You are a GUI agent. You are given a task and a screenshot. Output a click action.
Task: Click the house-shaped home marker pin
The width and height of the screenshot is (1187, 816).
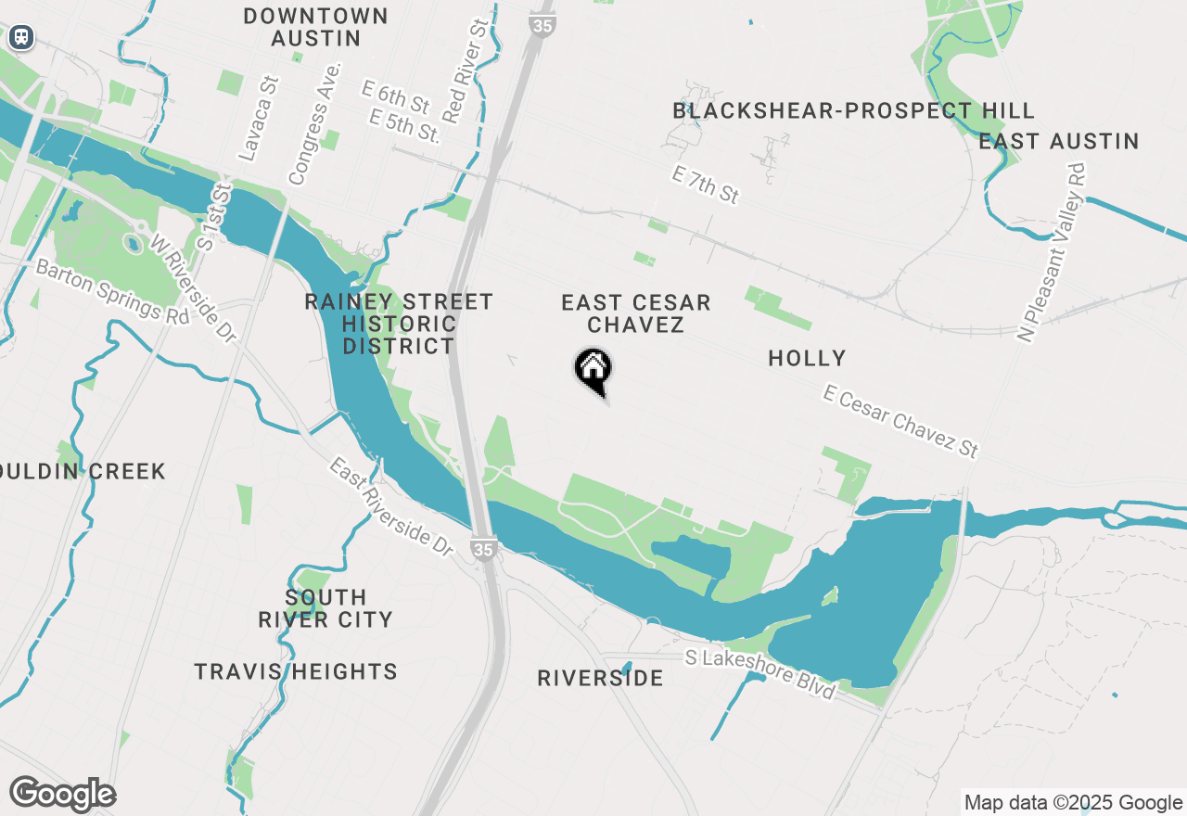click(593, 370)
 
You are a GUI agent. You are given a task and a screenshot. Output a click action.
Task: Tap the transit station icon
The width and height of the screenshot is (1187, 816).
click(20, 37)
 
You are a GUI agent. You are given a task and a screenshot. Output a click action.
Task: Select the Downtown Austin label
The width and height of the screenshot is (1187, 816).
click(316, 27)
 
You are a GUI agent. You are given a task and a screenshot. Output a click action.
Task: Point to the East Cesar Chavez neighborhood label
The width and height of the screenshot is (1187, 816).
click(636, 313)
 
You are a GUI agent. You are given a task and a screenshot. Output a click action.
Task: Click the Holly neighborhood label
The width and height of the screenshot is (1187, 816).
click(807, 358)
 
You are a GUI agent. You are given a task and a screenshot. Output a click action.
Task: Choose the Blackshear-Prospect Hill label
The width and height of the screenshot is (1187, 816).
click(853, 111)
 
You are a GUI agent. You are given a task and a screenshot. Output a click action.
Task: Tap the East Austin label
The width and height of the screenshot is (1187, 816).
click(1058, 141)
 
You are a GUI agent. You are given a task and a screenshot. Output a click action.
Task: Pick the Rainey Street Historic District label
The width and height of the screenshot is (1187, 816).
click(399, 324)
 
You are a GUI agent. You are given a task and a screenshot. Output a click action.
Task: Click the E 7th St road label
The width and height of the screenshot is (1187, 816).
click(706, 185)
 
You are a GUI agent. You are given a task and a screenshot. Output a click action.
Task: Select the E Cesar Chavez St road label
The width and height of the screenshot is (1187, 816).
click(900, 421)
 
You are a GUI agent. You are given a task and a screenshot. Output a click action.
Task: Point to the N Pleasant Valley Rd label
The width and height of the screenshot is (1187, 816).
click(1051, 253)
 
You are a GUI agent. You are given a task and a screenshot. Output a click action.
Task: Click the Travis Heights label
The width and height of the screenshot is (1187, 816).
click(296, 671)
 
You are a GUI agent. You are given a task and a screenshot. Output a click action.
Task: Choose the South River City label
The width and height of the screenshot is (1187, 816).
click(325, 608)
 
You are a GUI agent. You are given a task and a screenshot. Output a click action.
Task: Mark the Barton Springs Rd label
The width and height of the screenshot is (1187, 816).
click(112, 290)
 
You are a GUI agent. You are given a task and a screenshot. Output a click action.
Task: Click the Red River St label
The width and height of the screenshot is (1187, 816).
click(466, 71)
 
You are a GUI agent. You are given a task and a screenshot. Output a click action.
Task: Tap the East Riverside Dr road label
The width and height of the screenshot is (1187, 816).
click(389, 506)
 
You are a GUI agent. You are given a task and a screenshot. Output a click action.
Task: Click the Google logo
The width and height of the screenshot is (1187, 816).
click(62, 794)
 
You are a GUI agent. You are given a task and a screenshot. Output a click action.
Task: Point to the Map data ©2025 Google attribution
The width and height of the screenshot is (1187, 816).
click(1073, 803)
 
